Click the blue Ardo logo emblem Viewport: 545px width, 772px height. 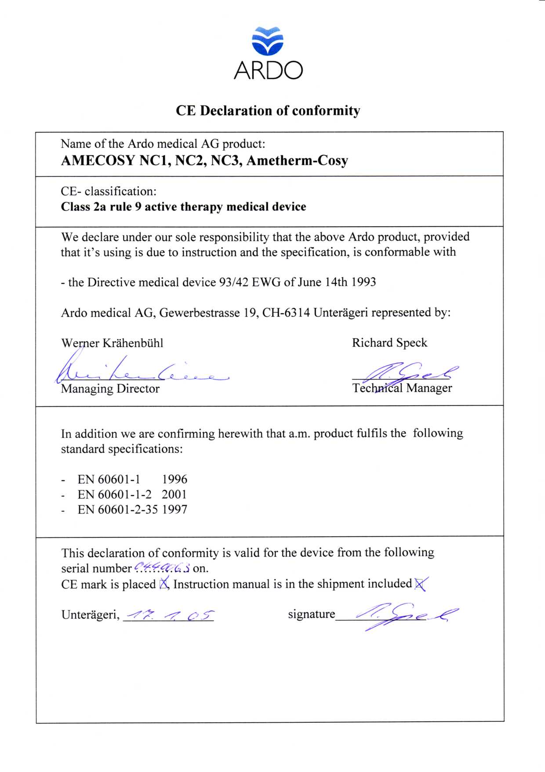coord(268,41)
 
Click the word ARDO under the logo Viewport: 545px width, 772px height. coord(268,70)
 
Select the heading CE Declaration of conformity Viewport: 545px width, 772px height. coord(268,110)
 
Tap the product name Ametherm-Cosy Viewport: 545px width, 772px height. coord(297,161)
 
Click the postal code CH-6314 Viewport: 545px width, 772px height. coord(286,313)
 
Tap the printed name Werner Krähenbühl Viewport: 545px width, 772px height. coord(112,343)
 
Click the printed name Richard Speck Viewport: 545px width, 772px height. coord(389,343)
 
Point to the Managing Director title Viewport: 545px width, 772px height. coord(110,389)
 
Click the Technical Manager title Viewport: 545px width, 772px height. coord(402,388)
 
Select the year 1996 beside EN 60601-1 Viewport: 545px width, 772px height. coord(174,479)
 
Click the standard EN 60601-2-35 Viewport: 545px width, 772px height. coord(118,510)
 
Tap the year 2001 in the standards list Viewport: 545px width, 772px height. coord(174,495)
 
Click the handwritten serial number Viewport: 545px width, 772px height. coord(162,568)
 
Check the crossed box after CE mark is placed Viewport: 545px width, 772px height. coord(164,584)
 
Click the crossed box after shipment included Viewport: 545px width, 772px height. coord(420,584)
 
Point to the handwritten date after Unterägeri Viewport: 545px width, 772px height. coord(169,615)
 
